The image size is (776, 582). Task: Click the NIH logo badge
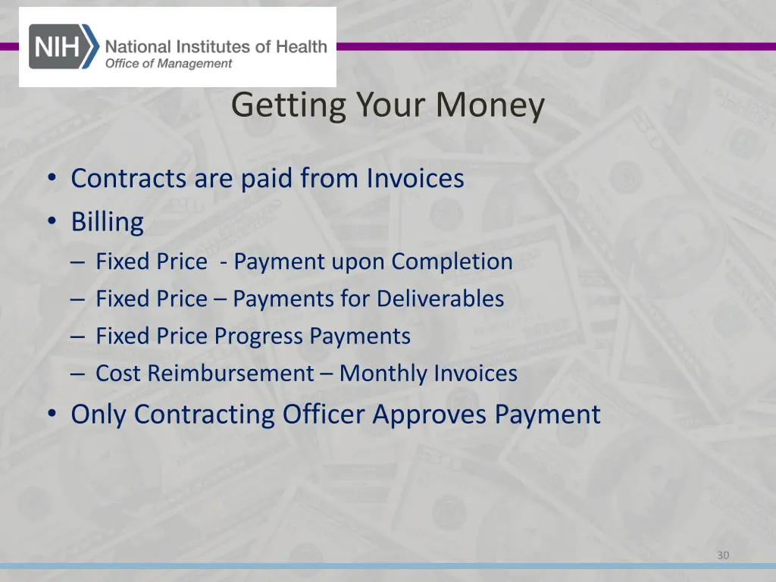coord(64,46)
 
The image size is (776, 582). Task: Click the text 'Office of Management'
coord(168,64)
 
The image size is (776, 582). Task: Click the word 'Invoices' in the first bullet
coord(415,179)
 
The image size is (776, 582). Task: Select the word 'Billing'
coord(107,223)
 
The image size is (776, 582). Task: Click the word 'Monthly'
coord(383,374)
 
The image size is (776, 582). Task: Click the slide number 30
coord(723,555)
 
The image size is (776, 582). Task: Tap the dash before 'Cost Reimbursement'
coord(80,374)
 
